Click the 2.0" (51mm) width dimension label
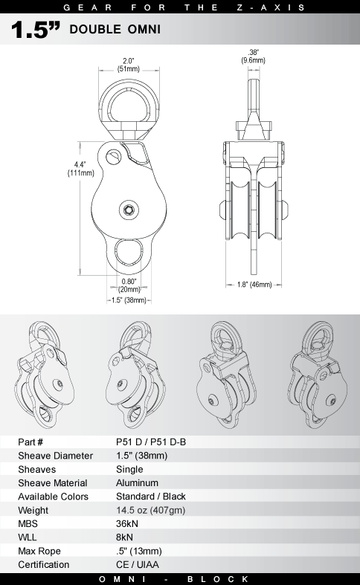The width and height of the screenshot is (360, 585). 129,65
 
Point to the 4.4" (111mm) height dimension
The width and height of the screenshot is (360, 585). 80,169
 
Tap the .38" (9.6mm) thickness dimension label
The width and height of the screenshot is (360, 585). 253,56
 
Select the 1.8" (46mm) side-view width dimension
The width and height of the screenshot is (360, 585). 254,285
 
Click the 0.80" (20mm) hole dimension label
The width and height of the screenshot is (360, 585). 129,285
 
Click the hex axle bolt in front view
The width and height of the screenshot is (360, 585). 129,210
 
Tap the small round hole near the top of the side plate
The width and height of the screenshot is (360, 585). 112,156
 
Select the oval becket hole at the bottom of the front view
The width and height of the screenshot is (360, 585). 129,252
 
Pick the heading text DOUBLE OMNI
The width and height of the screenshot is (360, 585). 115,30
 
